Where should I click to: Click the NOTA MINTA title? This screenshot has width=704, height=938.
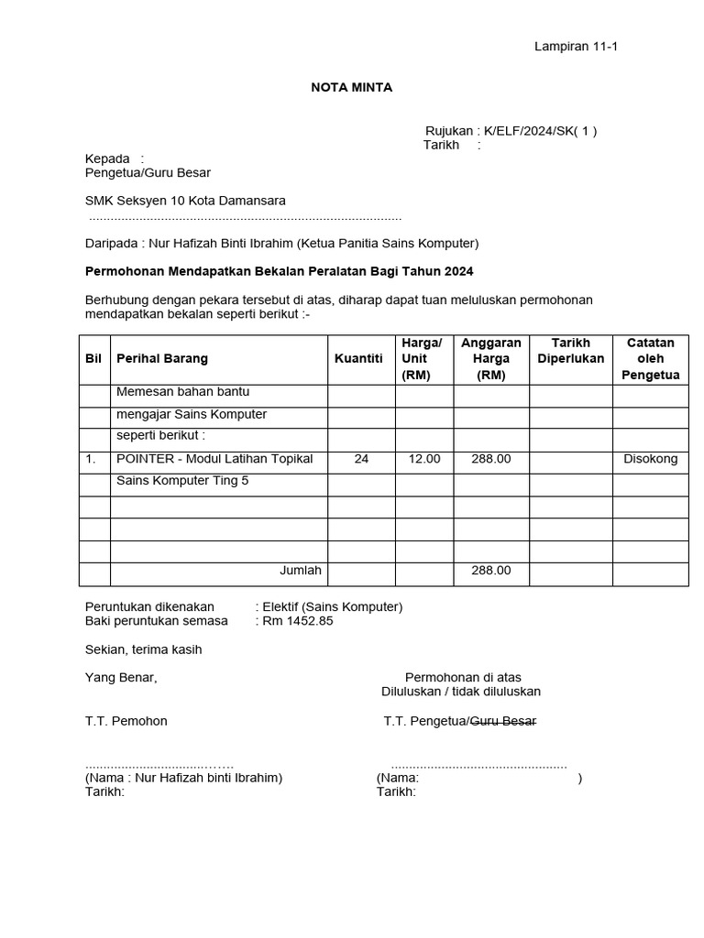click(x=352, y=87)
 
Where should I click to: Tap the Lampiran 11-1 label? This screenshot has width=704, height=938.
click(x=576, y=47)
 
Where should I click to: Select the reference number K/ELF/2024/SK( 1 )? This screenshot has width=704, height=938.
click(x=541, y=130)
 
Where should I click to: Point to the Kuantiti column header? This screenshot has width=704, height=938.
click(x=358, y=358)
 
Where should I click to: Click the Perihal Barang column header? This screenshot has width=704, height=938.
click(x=162, y=358)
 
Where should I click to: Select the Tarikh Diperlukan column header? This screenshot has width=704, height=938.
click(x=570, y=351)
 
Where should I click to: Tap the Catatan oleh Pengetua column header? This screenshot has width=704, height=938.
click(x=650, y=358)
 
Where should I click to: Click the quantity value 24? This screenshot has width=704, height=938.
click(x=361, y=459)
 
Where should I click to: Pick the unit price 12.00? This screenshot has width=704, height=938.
click(x=424, y=459)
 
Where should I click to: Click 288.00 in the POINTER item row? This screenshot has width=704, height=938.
click(x=491, y=459)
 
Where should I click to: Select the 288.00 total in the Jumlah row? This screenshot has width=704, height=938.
click(x=491, y=571)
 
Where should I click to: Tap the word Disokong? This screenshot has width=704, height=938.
click(x=651, y=459)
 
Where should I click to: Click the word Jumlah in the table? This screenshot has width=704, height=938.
click(x=301, y=571)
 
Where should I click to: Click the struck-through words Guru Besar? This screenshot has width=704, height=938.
click(x=503, y=721)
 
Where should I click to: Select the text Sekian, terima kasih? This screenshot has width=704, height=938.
click(x=143, y=649)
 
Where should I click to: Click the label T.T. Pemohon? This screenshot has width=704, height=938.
click(x=126, y=721)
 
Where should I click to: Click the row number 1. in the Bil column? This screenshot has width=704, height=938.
click(x=91, y=459)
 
